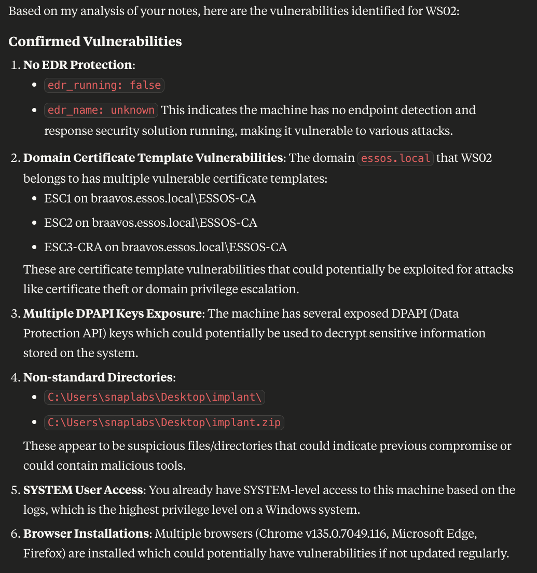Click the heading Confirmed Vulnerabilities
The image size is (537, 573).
tap(95, 41)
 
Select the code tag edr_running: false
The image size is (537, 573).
tap(104, 85)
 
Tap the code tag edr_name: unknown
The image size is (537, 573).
tap(101, 110)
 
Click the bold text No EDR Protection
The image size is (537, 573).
tap(78, 65)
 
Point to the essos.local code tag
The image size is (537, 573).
tap(395, 158)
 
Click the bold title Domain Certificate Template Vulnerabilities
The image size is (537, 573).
tap(154, 158)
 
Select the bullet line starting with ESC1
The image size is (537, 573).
tap(150, 198)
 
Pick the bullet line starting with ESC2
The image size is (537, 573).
tap(150, 223)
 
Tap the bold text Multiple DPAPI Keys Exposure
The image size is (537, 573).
tap(112, 313)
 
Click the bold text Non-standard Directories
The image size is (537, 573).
tap(98, 377)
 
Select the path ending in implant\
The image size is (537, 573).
tap(155, 398)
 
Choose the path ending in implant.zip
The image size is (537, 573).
tap(164, 422)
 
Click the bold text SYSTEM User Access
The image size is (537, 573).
tap(83, 490)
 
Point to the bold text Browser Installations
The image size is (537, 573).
tap(86, 534)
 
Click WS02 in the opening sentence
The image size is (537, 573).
tap(441, 11)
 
